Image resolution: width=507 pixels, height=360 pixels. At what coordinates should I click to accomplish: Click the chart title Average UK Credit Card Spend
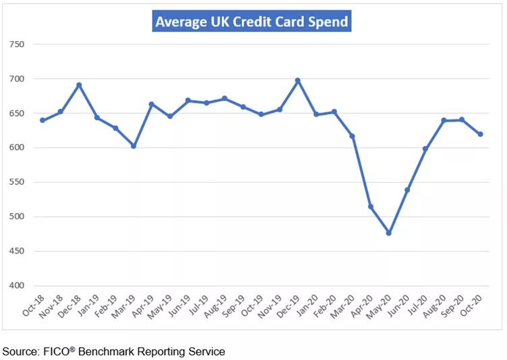coord(251,22)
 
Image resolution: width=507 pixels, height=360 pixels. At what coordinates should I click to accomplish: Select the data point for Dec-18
coord(79,85)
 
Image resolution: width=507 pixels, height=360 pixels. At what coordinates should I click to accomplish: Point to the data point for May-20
coord(389,233)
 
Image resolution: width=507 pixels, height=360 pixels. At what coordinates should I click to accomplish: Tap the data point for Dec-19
coord(298,80)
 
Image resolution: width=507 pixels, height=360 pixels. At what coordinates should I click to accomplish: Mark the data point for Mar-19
coord(133,146)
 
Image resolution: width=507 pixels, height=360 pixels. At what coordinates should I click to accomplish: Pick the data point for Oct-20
coord(480,134)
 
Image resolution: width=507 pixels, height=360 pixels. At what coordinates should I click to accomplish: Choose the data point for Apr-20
coord(371,206)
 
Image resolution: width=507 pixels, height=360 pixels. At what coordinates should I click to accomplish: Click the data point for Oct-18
coord(42,120)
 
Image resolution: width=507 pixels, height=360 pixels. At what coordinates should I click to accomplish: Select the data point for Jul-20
coord(425,149)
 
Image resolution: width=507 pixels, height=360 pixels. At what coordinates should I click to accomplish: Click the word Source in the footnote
coord(20,351)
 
